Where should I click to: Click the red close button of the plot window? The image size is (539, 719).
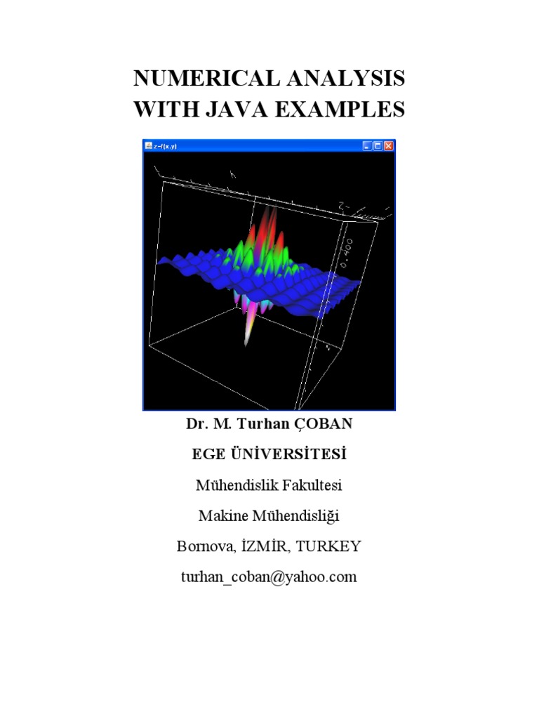[389, 146]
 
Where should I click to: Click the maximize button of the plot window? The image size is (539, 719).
[378, 146]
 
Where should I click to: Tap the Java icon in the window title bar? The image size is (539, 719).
[148, 146]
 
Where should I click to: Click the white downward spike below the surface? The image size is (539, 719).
[248, 334]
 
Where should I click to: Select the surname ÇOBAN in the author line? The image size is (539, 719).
[328, 425]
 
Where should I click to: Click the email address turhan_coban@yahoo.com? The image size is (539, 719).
[269, 577]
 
